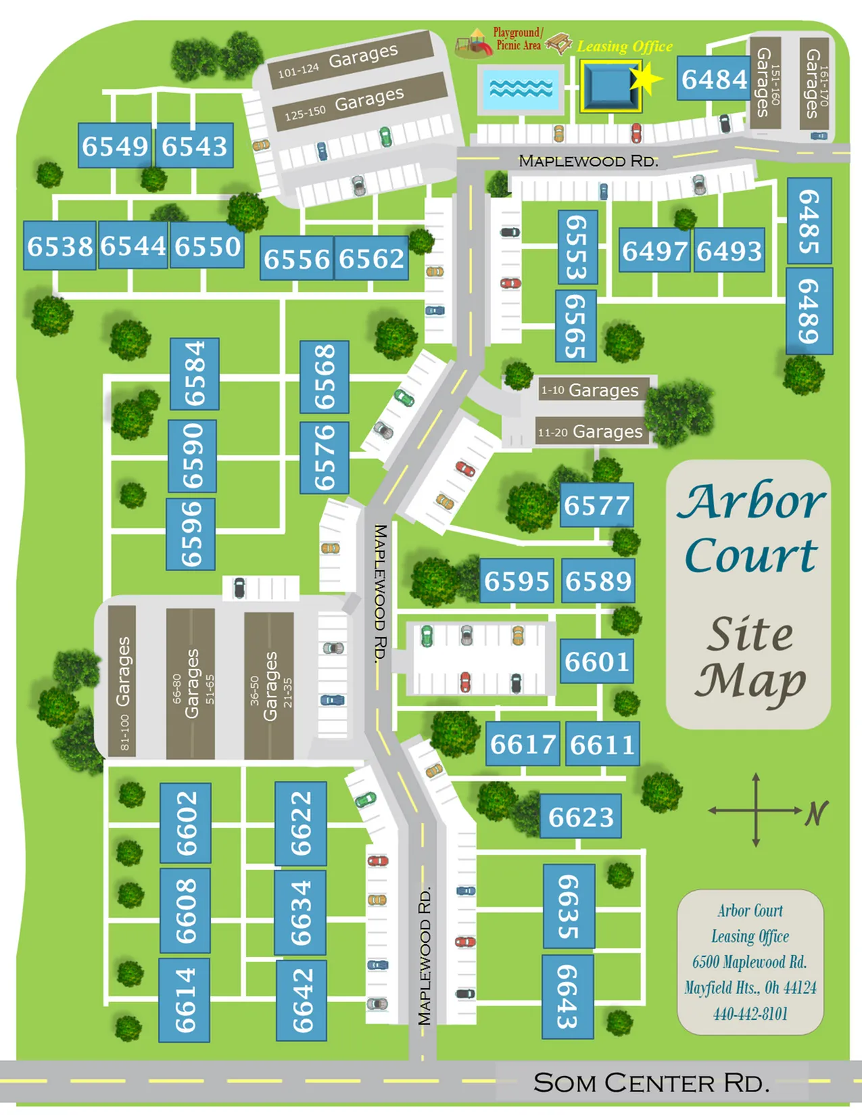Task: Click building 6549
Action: coord(114,145)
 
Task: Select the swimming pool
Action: coord(521,89)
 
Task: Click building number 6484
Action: coord(713,80)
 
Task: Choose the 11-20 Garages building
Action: coord(590,432)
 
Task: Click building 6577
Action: coord(596,505)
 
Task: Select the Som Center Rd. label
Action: coord(651,1083)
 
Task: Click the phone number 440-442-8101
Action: coord(750,1013)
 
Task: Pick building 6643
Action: coord(568,996)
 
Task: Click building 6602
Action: coord(185,822)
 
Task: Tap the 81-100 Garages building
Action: coord(122,682)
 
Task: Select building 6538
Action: coord(59,246)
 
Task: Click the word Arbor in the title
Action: coord(750,502)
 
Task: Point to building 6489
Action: coord(809,311)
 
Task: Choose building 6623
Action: coord(580,816)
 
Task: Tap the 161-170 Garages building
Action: coord(814,83)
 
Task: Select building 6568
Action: coord(325,377)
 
